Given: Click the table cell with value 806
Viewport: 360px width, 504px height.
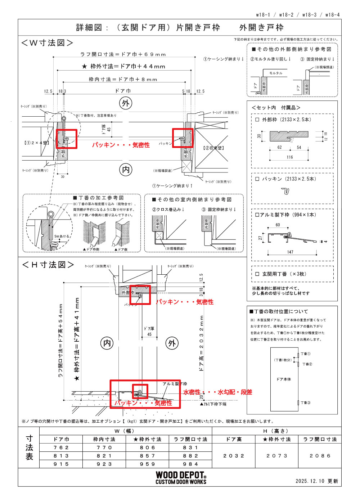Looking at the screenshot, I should point(147,447).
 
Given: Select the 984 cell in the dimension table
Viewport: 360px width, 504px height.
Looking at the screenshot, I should point(190,464).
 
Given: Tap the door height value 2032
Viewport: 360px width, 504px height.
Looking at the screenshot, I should point(234,456).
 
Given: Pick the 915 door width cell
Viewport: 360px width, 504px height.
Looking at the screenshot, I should point(61,464).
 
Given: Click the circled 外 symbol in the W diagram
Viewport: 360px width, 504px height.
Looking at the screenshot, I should point(126,104).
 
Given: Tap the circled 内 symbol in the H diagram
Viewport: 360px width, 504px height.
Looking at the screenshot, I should point(107,343).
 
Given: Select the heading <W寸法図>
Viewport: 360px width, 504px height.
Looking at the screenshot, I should point(47,43).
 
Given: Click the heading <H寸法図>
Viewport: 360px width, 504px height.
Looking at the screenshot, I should point(48,265).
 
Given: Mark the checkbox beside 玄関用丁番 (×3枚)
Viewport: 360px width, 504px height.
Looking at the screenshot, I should point(257,274).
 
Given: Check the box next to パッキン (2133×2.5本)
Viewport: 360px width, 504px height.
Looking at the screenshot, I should point(257,179).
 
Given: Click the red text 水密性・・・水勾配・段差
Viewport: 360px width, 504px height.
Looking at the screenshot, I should point(217,392).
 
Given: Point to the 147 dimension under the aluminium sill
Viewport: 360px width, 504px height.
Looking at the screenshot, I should point(290,252).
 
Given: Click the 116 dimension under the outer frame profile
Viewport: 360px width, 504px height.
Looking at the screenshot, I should point(290,157).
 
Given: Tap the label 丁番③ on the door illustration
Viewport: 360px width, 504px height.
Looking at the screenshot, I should point(306,403).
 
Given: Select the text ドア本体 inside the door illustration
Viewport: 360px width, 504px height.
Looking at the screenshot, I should point(284,379).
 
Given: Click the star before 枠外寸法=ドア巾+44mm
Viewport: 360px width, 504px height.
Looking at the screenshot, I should point(84,67).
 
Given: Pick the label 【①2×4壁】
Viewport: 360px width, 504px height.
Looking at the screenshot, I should point(36,143).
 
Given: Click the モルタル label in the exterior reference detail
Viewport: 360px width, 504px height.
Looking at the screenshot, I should point(276,73).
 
